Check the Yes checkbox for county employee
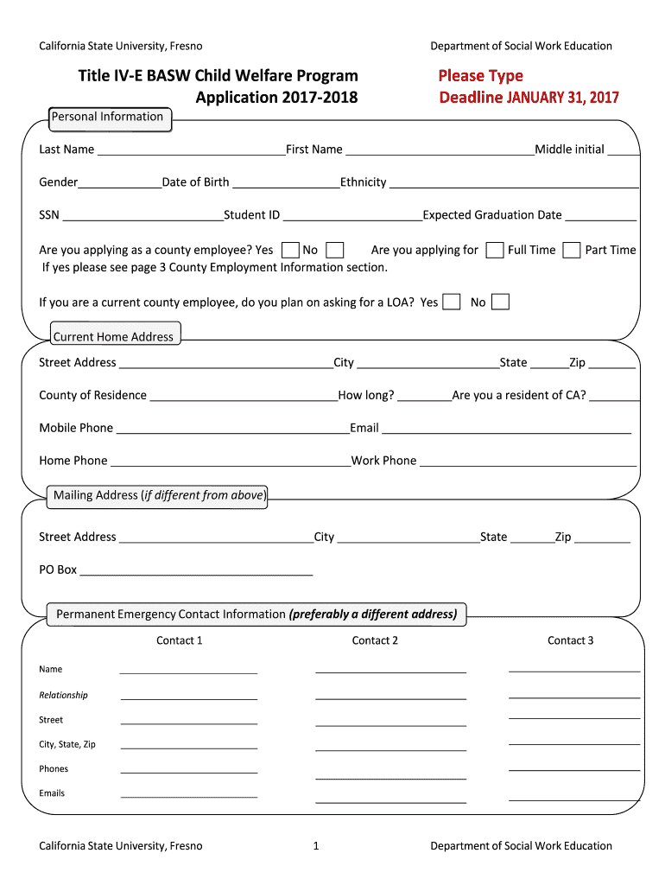[x=291, y=251]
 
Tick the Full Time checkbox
[x=495, y=251]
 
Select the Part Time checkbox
[x=572, y=251]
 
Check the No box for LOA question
[x=500, y=302]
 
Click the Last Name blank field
[x=191, y=150]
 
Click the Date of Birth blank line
[x=286, y=182]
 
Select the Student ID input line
[x=351, y=215]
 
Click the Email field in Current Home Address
[x=506, y=428]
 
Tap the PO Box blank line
[x=196, y=570]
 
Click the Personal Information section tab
[x=108, y=118]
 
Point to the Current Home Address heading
[x=114, y=337]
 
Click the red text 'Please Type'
[x=480, y=76]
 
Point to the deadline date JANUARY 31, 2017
[x=562, y=98]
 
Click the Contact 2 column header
[x=375, y=640]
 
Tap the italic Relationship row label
[x=63, y=695]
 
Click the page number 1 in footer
[x=316, y=846]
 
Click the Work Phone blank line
[x=528, y=461]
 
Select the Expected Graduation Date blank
[x=601, y=215]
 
